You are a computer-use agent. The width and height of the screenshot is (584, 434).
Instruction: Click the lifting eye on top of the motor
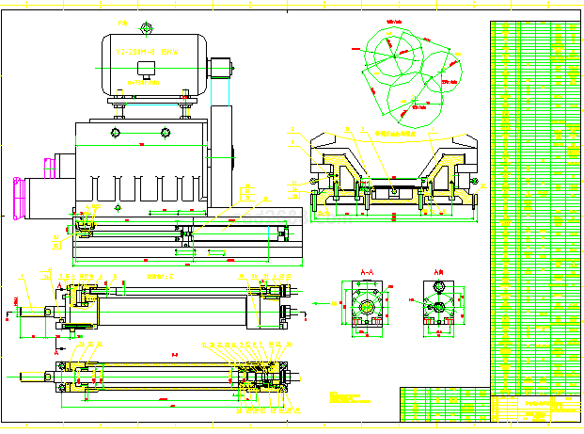point(145,26)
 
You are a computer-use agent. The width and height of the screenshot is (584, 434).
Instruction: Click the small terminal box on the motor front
point(145,68)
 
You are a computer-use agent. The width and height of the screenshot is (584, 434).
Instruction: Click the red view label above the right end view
point(439,271)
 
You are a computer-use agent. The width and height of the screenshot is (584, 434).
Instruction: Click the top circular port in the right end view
point(439,290)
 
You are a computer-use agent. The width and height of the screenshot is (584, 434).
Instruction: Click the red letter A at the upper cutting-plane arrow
point(59,283)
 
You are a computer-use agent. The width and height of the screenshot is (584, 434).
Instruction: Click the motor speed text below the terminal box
point(145,83)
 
